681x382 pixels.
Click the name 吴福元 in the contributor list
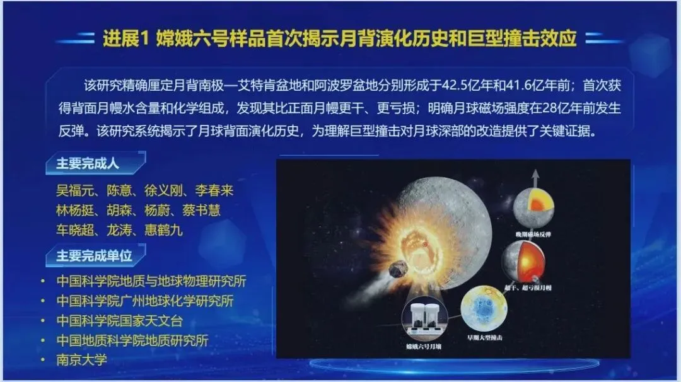click(x=74, y=190)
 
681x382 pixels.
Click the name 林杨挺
click(x=74, y=210)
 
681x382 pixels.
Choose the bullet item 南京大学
click(x=81, y=360)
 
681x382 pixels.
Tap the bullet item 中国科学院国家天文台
click(x=119, y=320)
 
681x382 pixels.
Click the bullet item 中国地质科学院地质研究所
click(x=132, y=340)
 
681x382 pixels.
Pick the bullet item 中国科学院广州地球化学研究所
click(x=144, y=301)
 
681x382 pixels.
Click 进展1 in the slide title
click(x=125, y=39)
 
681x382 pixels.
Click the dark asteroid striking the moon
click(x=399, y=269)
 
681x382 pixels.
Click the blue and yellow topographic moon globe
click(x=483, y=309)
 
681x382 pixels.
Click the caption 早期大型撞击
click(x=484, y=339)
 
